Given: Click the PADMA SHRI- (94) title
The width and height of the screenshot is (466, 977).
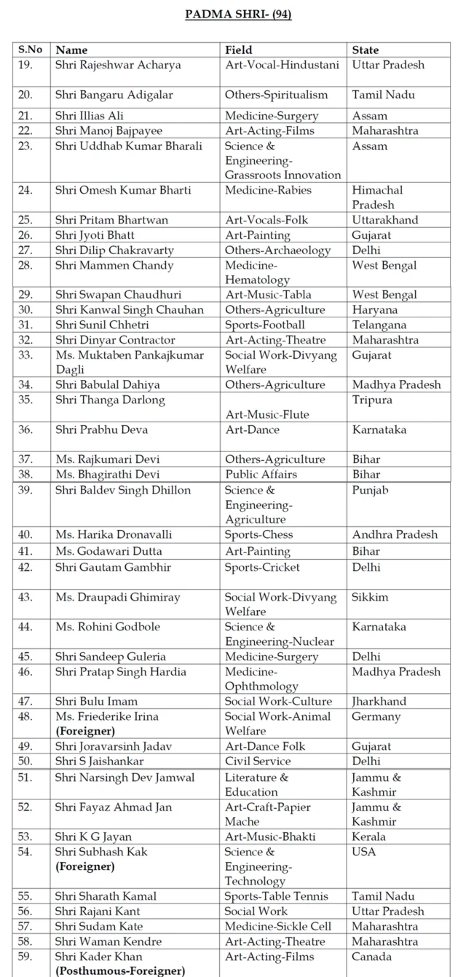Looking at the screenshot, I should [238, 15].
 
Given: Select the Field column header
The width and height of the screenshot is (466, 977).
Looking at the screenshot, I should [238, 50].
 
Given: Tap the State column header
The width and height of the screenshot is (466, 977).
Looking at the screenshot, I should [366, 50].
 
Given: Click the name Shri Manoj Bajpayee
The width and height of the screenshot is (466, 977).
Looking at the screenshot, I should [108, 131].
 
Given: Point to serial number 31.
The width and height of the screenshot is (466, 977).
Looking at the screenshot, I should [25, 325].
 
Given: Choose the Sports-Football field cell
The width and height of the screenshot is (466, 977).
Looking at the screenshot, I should [264, 325].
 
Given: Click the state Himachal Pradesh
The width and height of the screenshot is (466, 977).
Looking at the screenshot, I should [377, 197].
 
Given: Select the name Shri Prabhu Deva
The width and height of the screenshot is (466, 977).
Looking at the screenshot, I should [101, 430].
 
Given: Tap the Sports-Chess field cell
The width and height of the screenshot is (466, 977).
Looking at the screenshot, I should [258, 534].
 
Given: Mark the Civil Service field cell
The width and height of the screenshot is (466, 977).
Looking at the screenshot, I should [257, 762].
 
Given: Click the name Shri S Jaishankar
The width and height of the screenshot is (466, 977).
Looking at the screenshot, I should [103, 762].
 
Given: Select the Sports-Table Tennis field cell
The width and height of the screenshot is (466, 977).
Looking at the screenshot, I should [276, 896].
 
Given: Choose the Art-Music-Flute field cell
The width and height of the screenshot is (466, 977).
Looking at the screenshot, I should [266, 414].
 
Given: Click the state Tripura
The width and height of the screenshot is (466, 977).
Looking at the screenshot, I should [372, 400].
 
